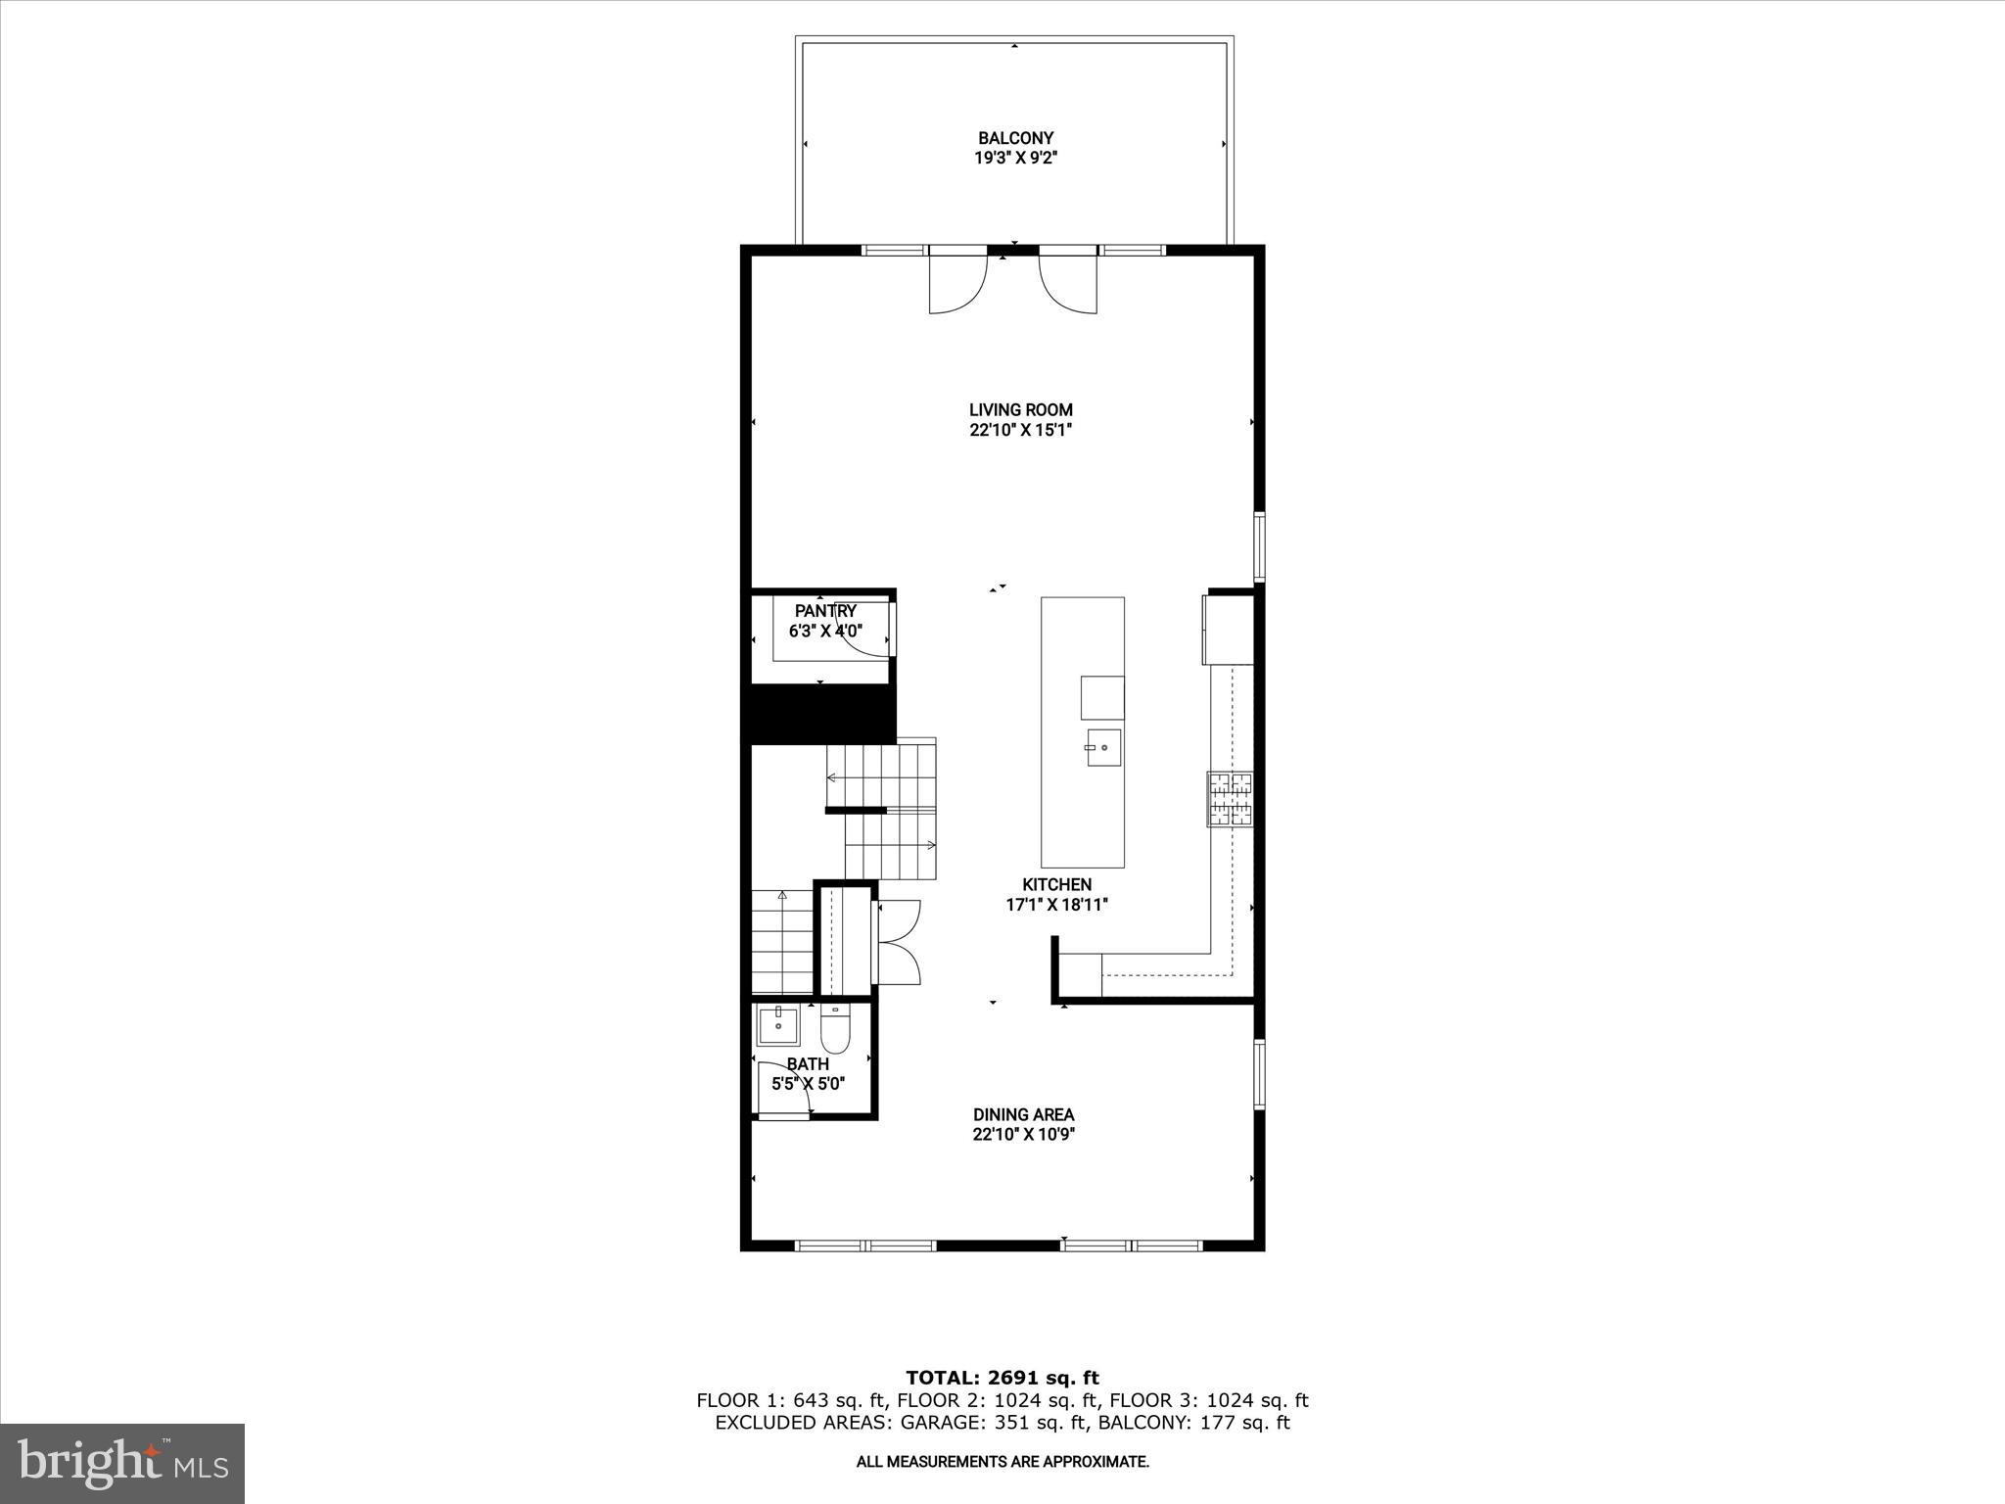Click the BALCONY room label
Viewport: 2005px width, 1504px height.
point(1015,138)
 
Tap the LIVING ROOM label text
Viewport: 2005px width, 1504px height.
point(1020,410)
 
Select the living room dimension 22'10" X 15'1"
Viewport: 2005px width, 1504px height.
point(1020,430)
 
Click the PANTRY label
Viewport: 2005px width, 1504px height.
point(825,611)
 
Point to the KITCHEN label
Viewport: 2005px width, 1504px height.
point(1056,884)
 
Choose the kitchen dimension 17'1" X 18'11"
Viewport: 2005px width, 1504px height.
point(1056,905)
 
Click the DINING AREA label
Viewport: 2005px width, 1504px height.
point(1023,1114)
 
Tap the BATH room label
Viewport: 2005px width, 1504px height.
point(808,1063)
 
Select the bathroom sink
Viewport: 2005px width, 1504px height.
point(778,1026)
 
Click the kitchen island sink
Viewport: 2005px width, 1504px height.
point(1103,749)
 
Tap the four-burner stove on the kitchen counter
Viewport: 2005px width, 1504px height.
point(1230,799)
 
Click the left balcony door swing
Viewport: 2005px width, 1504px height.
point(957,284)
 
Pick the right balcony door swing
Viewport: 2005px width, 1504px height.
point(1068,284)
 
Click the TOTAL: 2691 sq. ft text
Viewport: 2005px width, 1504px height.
point(1002,1379)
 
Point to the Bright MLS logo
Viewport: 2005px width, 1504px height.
point(122,1464)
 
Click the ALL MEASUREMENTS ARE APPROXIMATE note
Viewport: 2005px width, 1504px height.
point(1002,1462)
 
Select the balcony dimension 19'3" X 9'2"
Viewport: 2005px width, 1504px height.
point(1015,158)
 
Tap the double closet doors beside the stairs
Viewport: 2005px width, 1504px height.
point(899,942)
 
